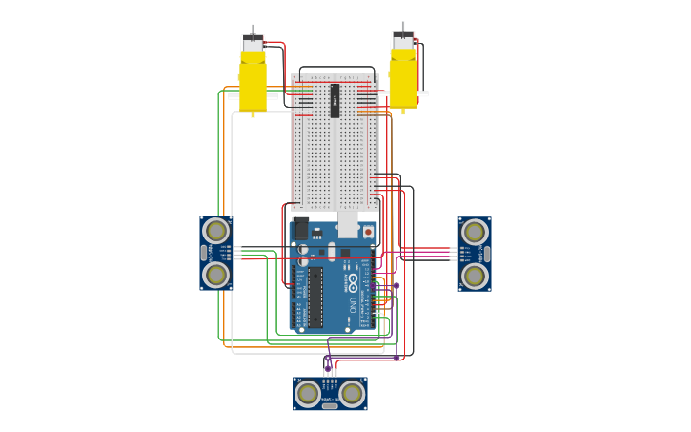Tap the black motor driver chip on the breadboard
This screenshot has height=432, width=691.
[x=335, y=100]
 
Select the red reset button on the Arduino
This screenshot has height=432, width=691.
[x=368, y=232]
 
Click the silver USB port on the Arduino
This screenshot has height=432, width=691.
[x=348, y=225]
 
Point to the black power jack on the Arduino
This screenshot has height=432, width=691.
[x=301, y=229]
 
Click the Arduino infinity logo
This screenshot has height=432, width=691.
[x=352, y=283]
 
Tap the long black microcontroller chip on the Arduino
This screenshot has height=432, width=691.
[x=315, y=297]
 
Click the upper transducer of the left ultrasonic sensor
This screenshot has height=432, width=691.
[x=216, y=231]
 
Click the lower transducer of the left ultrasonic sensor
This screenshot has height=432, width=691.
[x=216, y=275]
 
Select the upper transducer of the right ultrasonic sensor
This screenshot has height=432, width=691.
[x=475, y=232]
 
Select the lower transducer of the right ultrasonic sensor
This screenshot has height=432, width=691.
[x=475, y=276]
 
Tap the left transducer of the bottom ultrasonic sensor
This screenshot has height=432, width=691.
[x=308, y=393]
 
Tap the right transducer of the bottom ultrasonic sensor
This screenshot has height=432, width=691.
[x=352, y=393]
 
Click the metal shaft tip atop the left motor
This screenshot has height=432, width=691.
[x=253, y=29]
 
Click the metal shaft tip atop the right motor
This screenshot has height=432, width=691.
[x=403, y=26]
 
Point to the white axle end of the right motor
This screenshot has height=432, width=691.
[x=423, y=93]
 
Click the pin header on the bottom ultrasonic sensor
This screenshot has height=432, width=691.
[x=330, y=382]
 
